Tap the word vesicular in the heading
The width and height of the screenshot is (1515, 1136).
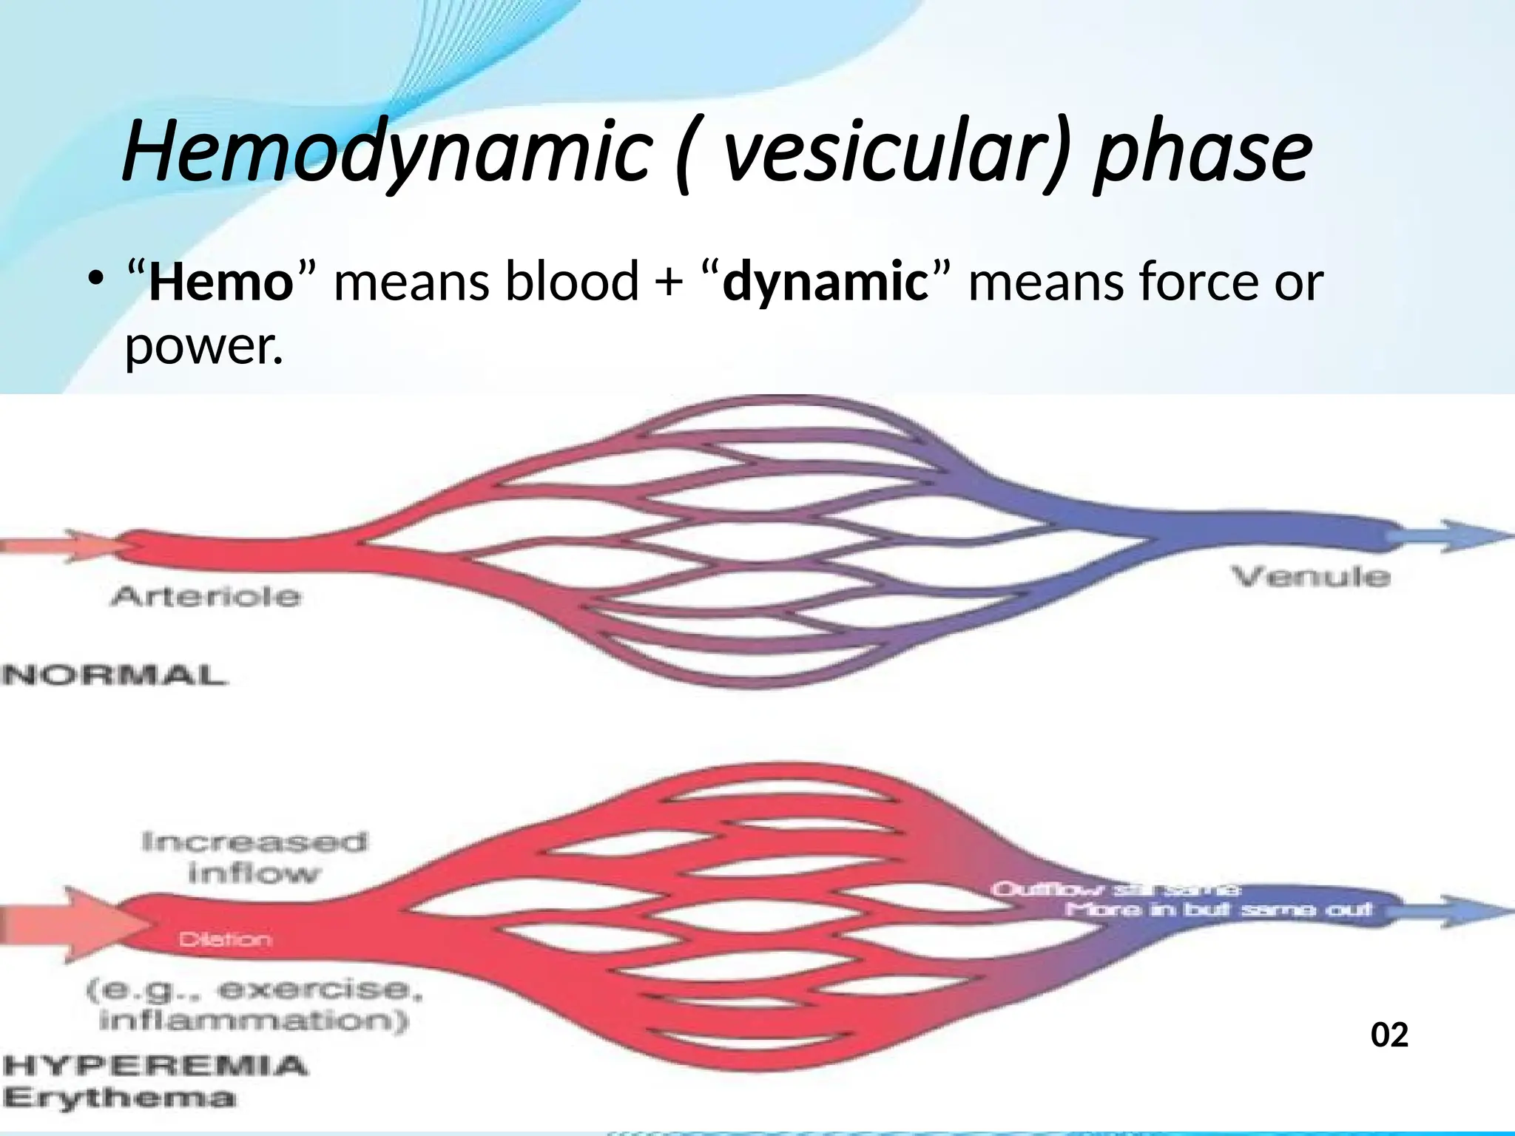click(x=880, y=152)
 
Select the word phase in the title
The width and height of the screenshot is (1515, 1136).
click(x=1203, y=152)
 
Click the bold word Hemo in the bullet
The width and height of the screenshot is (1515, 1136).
click(x=221, y=283)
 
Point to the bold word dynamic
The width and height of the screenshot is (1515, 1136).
click(x=825, y=283)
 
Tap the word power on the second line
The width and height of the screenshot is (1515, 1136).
click(x=203, y=345)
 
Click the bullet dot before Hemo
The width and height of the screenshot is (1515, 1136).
click(x=95, y=280)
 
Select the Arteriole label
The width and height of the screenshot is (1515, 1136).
click(x=206, y=596)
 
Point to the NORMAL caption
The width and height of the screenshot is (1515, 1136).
click(x=114, y=675)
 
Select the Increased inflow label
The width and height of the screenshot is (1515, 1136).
click(x=254, y=857)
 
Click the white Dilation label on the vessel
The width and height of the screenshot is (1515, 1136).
click(x=226, y=940)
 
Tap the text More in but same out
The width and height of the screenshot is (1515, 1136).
click(x=1218, y=909)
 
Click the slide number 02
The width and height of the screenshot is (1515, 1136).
click(x=1389, y=1035)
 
